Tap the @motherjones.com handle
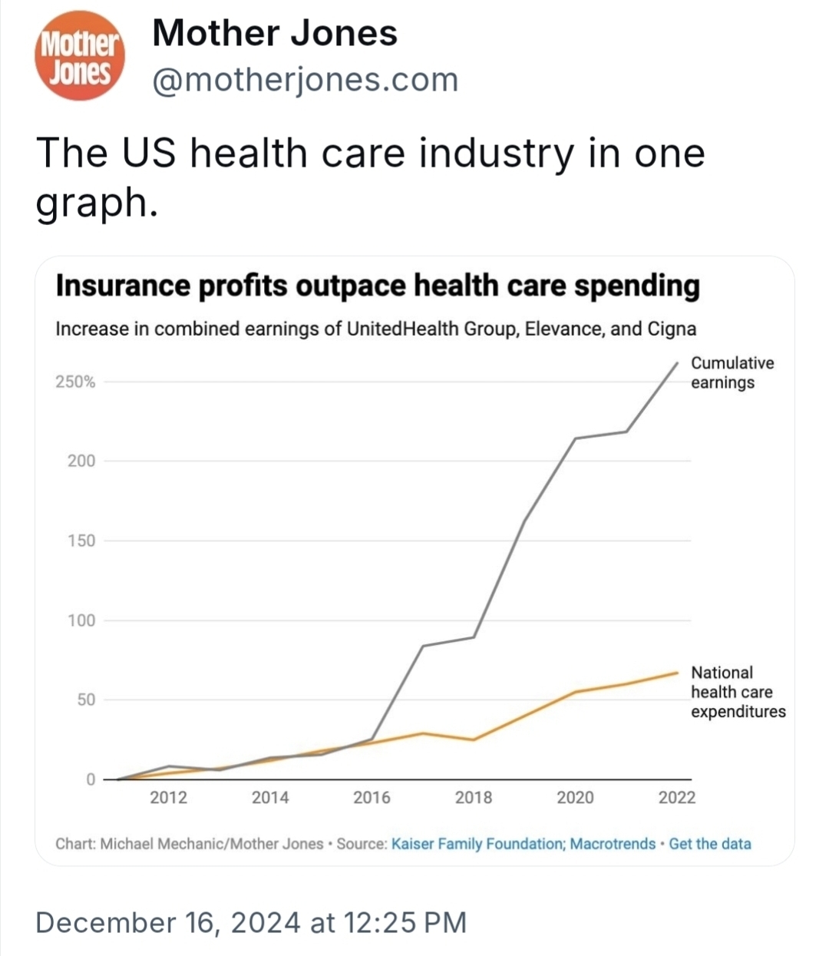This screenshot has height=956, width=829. [x=306, y=79]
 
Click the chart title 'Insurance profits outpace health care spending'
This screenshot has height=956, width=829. [x=378, y=286]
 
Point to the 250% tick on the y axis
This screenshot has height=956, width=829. [x=75, y=382]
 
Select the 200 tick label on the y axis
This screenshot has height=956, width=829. [x=81, y=461]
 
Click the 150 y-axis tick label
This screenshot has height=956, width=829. [x=81, y=541]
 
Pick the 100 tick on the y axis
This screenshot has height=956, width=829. [x=81, y=620]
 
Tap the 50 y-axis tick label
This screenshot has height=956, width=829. [x=85, y=700]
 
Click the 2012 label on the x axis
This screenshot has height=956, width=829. [x=168, y=798]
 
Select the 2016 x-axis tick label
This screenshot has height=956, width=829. [x=372, y=798]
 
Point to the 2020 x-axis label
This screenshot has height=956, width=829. [x=575, y=798]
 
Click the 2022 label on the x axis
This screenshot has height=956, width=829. [x=676, y=798]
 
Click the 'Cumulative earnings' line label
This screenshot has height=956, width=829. [x=732, y=372]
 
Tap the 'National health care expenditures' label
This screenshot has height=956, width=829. [x=738, y=692]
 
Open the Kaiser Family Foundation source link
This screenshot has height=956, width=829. [x=477, y=844]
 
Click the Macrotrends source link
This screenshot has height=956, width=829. [x=613, y=844]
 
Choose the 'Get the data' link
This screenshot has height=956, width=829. [x=710, y=844]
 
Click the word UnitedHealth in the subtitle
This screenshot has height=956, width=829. [x=395, y=329]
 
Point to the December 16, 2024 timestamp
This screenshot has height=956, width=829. [x=251, y=922]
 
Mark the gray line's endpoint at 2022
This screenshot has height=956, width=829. [x=677, y=362]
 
